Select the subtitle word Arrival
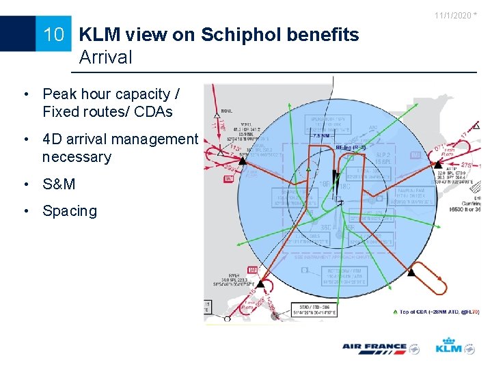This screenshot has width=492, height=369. tap(106, 57)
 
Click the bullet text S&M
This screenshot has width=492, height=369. tap(59, 184)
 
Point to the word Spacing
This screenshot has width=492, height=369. tap(70, 211)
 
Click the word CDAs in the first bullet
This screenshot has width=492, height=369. tap(154, 112)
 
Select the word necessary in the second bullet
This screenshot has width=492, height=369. tap(77, 157)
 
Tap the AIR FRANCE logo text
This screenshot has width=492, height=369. tap(374, 348)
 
